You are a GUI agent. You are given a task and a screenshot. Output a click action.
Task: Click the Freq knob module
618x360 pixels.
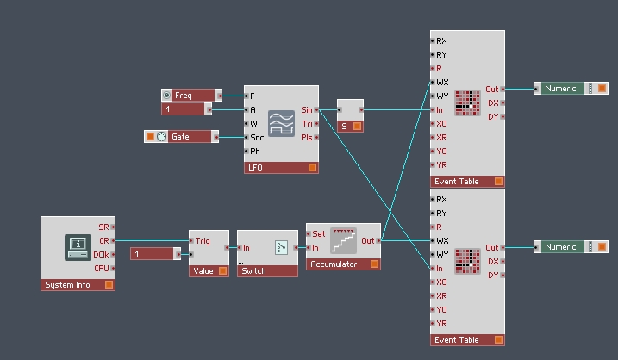click(x=191, y=96)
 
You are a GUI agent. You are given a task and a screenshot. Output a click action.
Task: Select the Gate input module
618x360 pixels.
click(x=181, y=137)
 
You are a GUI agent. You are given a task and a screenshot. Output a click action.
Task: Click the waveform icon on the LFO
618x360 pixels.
click(x=281, y=123)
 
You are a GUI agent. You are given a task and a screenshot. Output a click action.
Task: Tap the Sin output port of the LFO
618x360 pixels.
click(x=316, y=110)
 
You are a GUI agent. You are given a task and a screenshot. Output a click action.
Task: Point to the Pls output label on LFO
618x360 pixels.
click(x=307, y=138)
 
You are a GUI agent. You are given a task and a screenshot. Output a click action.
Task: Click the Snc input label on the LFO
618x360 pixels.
click(x=257, y=138)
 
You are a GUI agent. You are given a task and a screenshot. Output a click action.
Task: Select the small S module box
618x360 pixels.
click(x=351, y=115)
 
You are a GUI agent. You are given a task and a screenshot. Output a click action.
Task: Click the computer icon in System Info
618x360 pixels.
click(x=78, y=247)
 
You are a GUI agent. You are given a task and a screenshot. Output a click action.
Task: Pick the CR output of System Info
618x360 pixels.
click(x=113, y=240)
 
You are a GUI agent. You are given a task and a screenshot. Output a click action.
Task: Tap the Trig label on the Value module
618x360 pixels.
click(x=203, y=240)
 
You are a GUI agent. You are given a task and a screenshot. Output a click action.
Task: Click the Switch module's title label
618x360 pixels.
click(x=253, y=271)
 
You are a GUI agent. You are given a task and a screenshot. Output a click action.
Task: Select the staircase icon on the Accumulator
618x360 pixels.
click(x=343, y=240)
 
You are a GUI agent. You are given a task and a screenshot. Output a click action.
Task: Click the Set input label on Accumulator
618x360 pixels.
click(x=318, y=234)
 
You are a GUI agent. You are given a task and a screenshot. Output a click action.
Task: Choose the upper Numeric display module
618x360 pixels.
click(x=571, y=89)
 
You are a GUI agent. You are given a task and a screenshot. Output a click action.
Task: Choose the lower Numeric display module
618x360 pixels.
click(x=571, y=247)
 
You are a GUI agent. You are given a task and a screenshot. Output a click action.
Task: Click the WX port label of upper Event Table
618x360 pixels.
click(x=442, y=83)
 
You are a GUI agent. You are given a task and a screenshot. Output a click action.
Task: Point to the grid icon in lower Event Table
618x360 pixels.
click(x=467, y=261)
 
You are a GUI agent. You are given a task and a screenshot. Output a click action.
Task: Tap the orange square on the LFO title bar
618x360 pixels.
click(x=312, y=168)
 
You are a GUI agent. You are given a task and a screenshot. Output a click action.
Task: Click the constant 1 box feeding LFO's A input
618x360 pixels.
click(x=186, y=109)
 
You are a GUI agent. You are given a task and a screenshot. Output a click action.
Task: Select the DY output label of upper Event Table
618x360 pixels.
click(x=493, y=116)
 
